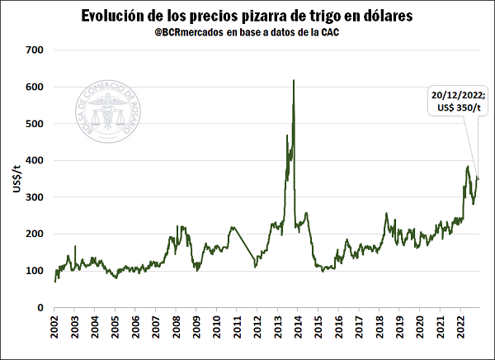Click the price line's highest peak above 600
294,81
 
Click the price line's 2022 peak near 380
468,167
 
